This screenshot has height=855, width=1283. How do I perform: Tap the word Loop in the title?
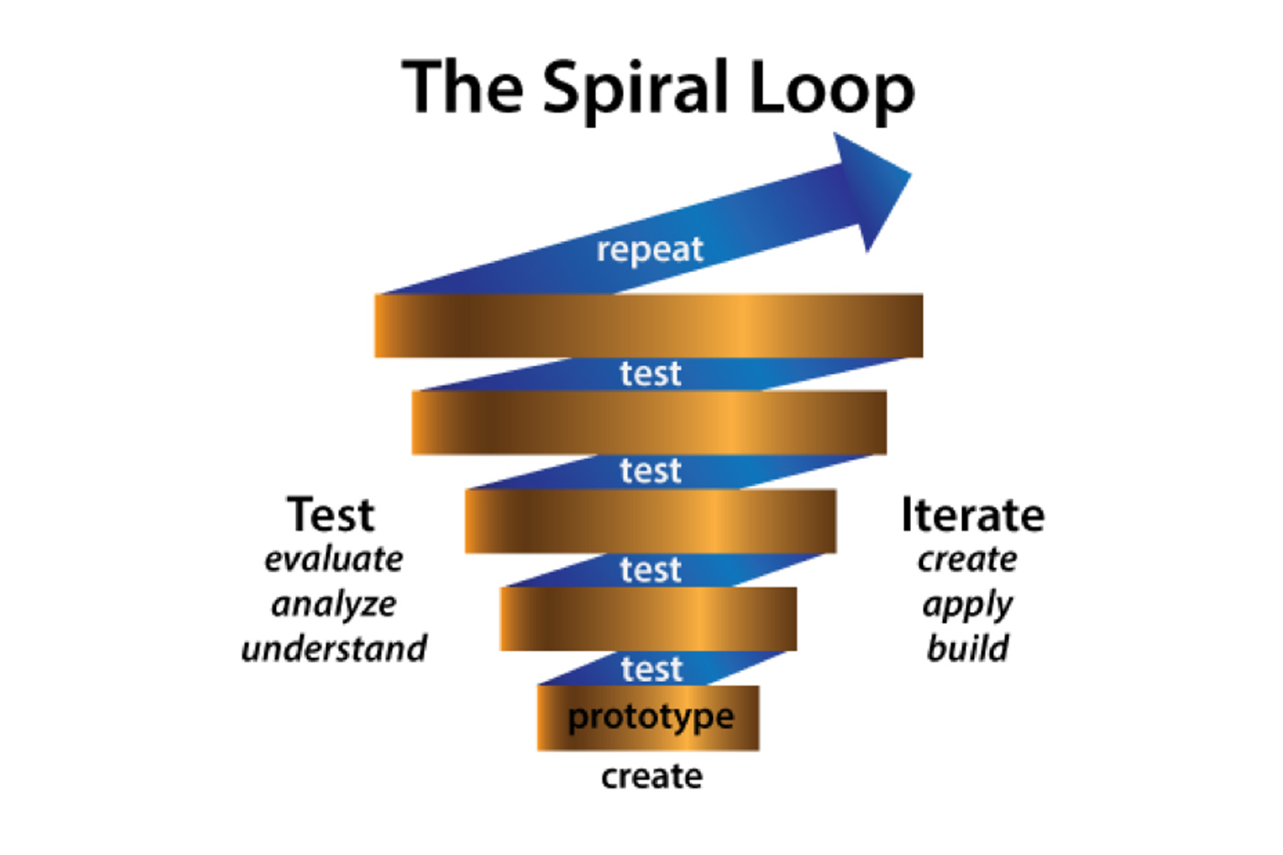coord(831,89)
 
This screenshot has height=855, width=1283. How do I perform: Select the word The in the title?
coord(464,87)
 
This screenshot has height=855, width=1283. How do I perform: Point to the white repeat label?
coord(650,249)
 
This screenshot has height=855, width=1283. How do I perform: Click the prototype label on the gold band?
coord(651,717)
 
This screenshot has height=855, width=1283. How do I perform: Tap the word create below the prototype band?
coord(652,776)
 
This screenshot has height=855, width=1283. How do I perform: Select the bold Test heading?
coord(331,515)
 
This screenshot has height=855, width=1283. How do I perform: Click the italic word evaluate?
coord(334,559)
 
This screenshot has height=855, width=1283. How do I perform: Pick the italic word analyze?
coord(334,605)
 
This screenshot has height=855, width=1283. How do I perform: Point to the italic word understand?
coord(334,649)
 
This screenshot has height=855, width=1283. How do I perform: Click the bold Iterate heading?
coord(972,515)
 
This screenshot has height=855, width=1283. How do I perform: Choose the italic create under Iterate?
coord(968,559)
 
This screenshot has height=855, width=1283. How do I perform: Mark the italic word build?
coord(968,649)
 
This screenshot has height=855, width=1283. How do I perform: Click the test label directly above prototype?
coord(652,669)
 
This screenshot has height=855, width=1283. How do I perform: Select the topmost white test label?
coord(651,374)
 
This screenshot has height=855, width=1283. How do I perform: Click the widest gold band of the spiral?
coord(648,325)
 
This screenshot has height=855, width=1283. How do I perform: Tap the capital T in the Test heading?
coord(303,515)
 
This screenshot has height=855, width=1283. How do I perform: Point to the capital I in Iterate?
coord(906,515)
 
